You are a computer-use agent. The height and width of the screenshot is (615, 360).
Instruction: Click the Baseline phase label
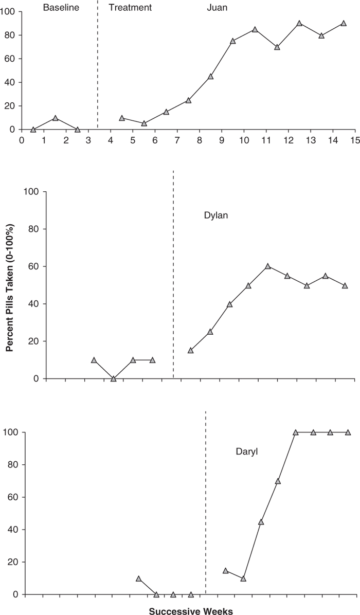61,8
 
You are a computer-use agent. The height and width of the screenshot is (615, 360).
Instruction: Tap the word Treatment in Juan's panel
130,8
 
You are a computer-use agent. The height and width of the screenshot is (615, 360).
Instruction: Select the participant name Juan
217,8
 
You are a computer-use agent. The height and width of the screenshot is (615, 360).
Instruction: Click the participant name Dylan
216,215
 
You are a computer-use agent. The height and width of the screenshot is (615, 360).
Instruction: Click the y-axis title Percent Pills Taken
10,285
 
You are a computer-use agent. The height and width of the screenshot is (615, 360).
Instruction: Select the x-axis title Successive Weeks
191,611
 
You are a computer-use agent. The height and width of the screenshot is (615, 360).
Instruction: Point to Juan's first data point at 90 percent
299,23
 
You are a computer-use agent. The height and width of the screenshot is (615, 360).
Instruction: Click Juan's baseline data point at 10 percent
55,118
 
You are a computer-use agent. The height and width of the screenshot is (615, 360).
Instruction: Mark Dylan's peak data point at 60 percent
268,266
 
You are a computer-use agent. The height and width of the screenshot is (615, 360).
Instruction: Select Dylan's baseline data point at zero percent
114,378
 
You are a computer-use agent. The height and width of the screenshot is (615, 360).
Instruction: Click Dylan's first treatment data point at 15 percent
191,350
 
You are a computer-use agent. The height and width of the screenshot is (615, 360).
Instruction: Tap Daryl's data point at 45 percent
261,521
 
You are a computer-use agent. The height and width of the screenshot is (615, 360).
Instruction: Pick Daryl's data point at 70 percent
278,481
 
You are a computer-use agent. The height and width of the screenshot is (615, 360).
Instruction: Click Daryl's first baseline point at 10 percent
138,578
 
